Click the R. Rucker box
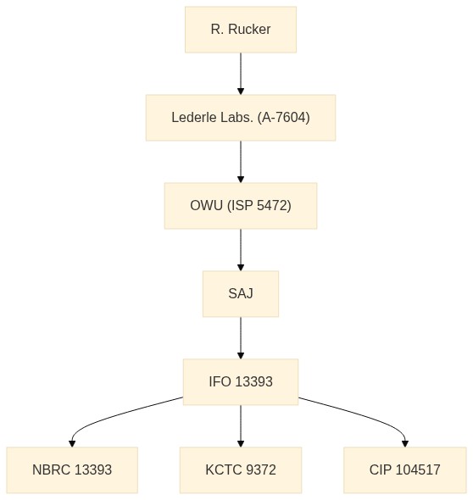click(x=241, y=30)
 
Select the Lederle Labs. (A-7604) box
click(x=241, y=117)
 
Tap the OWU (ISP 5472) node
click(x=241, y=206)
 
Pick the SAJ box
click(x=241, y=294)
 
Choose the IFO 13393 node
click(x=241, y=381)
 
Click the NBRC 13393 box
click(x=72, y=470)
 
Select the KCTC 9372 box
click(x=241, y=470)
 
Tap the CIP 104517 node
click(x=405, y=470)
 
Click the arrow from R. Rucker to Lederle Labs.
click(x=241, y=74)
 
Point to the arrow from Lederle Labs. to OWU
click(x=241, y=162)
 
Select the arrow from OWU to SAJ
click(x=241, y=250)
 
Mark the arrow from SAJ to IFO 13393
click(x=241, y=337)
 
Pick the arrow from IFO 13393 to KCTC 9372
click(x=241, y=426)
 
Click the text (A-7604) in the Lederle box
click(x=283, y=117)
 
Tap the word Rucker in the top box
click(x=249, y=30)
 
